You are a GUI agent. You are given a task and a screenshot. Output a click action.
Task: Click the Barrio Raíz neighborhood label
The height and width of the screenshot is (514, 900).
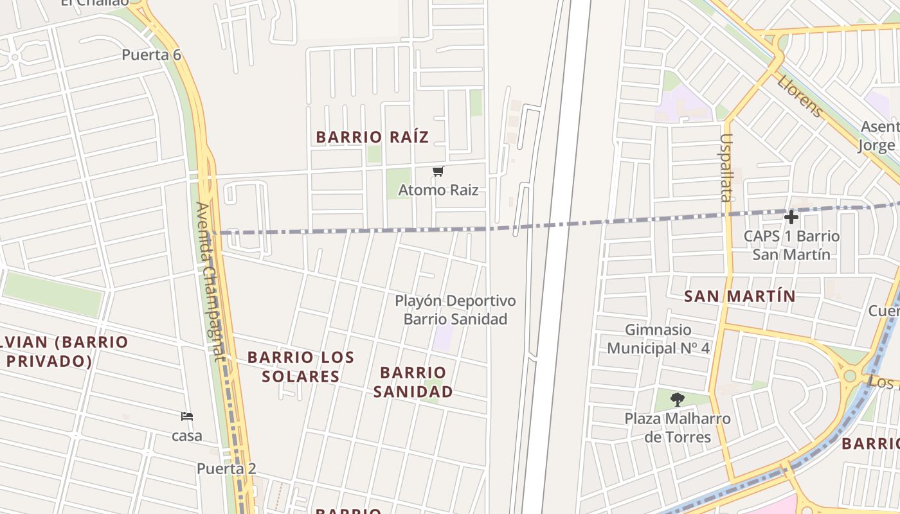point(372,137)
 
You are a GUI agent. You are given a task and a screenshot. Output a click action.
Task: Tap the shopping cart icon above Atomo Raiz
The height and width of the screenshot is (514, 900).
point(438,171)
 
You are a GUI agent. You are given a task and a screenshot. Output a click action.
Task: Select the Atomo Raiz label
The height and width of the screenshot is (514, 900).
point(438,190)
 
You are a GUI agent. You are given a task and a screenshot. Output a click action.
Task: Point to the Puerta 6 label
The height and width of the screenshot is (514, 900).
point(152,55)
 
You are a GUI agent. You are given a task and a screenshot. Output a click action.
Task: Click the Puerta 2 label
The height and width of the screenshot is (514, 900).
point(226,468)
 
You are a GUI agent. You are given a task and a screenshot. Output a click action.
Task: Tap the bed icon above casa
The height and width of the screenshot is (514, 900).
point(187,416)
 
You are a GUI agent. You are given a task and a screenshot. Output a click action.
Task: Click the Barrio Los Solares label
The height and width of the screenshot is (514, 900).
point(300,366)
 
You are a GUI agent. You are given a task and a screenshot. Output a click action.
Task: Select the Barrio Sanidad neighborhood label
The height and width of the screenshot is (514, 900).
point(413,382)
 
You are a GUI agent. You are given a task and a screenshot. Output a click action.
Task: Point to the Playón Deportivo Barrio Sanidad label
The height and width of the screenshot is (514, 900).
point(455,310)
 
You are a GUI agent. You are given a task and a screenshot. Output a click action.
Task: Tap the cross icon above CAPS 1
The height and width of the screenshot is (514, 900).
point(791,217)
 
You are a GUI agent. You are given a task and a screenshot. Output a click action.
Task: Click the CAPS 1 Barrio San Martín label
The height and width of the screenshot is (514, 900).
point(791,245)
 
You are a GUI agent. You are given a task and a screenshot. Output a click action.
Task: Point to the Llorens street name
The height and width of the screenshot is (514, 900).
point(799,97)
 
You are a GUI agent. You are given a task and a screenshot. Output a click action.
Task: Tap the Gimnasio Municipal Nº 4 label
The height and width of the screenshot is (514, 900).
point(658,339)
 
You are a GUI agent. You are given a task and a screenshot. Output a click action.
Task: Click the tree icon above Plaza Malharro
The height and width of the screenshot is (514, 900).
point(677,400)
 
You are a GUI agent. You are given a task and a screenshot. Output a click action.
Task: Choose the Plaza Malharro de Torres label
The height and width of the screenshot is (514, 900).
point(677,428)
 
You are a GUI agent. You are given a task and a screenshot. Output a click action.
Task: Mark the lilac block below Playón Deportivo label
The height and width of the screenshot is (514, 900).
point(442,338)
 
